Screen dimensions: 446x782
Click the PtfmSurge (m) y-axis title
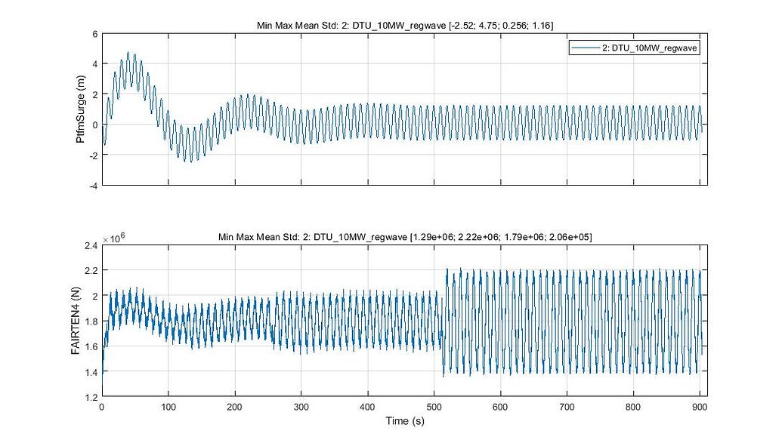[x=80, y=109]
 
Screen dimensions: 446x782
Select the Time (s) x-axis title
[x=404, y=420]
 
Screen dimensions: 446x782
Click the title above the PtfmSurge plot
[x=404, y=26]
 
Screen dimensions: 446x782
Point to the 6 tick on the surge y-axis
[x=94, y=33]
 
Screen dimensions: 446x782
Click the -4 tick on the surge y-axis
[x=92, y=186]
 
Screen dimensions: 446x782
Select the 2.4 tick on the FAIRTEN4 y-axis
[x=91, y=245]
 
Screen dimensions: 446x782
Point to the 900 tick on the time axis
[x=700, y=406]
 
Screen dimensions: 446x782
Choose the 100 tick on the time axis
[x=168, y=406]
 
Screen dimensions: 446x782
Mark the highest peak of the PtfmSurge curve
[x=128, y=52]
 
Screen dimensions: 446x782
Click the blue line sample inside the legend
[x=585, y=47]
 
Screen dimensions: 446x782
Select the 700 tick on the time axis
[x=567, y=406]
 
